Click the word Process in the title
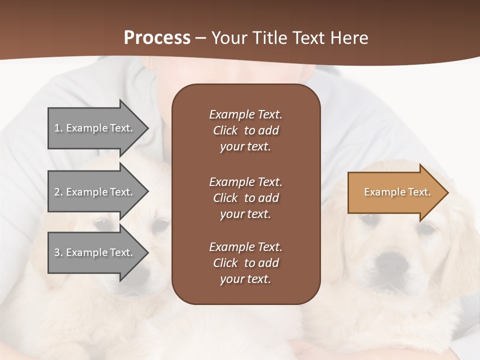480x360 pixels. (157, 38)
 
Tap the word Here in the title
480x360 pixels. (348, 38)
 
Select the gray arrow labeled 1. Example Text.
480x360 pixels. (95, 128)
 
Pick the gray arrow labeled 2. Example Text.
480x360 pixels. (95, 192)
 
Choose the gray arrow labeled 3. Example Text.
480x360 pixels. (95, 252)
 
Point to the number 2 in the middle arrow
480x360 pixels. (57, 192)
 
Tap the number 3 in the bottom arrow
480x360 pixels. (57, 252)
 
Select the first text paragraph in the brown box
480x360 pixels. (245, 130)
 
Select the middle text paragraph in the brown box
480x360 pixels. (245, 198)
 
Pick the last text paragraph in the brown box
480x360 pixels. (245, 263)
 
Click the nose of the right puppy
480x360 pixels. (392, 260)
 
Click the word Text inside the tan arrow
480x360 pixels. (419, 192)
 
